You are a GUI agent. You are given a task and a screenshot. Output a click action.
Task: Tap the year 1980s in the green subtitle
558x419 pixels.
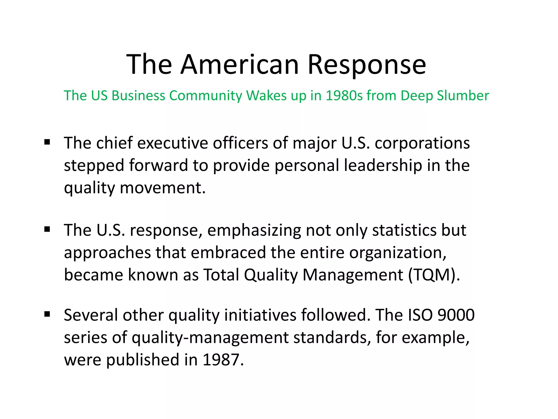(344, 95)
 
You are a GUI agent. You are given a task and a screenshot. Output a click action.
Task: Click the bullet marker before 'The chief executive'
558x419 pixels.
(47, 142)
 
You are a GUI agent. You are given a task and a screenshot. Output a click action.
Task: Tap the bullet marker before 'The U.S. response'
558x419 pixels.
(47, 229)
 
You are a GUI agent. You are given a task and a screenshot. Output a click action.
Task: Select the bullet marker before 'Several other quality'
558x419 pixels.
(47, 314)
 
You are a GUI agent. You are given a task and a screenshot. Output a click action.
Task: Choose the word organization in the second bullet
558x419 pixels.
(398, 253)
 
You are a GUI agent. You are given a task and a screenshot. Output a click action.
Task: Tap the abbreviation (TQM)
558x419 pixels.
(434, 275)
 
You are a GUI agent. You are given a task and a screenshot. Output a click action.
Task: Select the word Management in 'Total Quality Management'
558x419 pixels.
(353, 275)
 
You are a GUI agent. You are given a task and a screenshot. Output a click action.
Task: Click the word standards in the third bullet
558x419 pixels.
(332, 337)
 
